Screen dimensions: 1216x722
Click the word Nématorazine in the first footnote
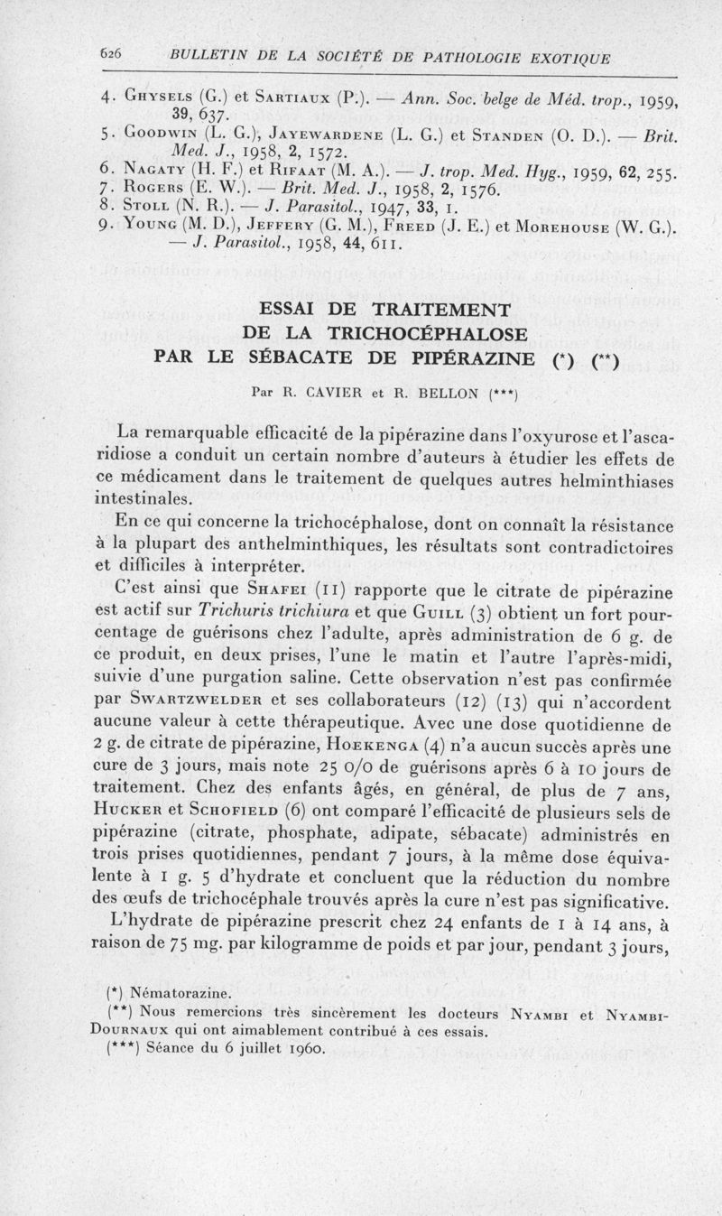pyautogui.click(x=174, y=992)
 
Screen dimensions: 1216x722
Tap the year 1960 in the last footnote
pyautogui.click(x=305, y=1048)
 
